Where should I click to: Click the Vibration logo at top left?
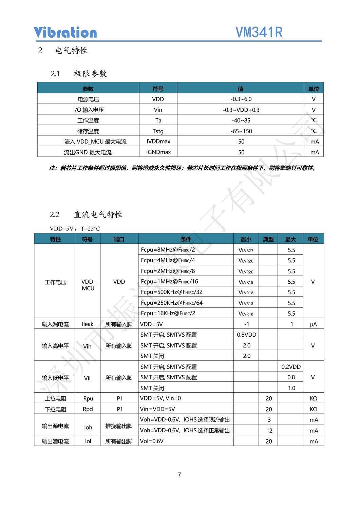(65, 33)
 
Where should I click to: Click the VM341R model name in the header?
(259, 33)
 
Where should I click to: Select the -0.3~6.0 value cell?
(241, 99)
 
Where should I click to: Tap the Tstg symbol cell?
(158, 131)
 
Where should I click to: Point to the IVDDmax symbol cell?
(158, 142)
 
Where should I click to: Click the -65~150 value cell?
(241, 131)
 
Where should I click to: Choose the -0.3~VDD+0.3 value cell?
(241, 110)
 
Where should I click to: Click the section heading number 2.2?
(55, 214)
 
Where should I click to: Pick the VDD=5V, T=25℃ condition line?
(75, 229)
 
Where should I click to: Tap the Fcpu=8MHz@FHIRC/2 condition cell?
(168, 250)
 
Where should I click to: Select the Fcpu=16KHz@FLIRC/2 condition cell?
(168, 313)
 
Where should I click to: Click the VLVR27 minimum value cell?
(246, 250)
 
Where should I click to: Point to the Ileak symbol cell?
(88, 324)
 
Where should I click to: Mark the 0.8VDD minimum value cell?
(246, 335)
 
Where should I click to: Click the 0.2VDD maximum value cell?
(291, 367)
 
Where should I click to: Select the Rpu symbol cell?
(88, 398)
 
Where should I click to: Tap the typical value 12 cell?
(269, 431)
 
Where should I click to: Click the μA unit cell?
(313, 324)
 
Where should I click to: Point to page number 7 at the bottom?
(179, 474)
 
